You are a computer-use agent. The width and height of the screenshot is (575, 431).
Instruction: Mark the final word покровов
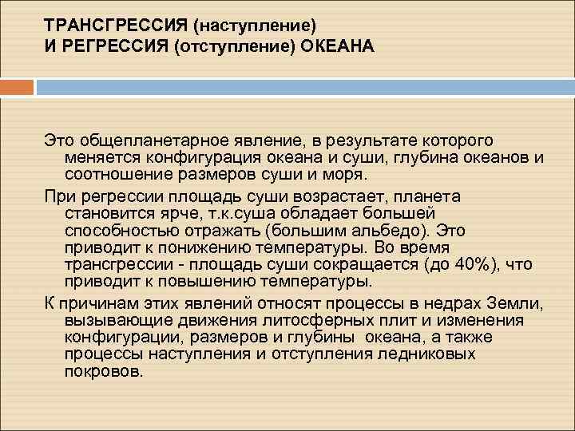coord(103,371)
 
